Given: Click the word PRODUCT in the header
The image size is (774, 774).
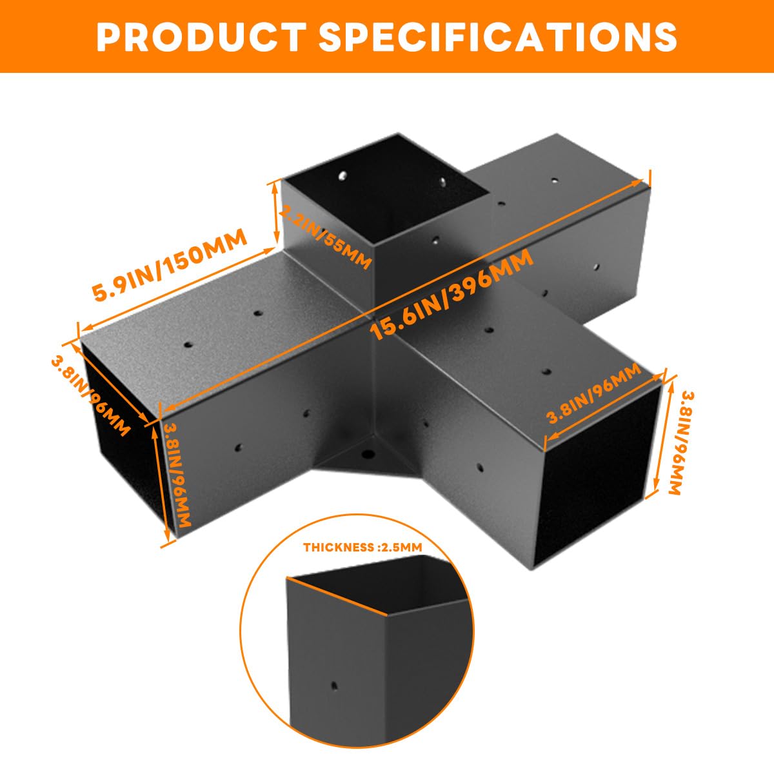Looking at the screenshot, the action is click(201, 37).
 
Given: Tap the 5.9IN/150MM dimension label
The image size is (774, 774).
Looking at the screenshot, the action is click(170, 264).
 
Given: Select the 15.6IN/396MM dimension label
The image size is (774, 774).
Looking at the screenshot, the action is click(451, 294).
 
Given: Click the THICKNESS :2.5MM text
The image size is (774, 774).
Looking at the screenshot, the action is click(362, 547).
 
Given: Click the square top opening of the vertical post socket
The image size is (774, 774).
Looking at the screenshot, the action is click(387, 189).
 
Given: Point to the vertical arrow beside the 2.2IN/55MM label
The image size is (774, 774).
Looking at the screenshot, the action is click(276, 212).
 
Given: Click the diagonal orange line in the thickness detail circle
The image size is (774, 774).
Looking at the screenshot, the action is click(337, 596).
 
